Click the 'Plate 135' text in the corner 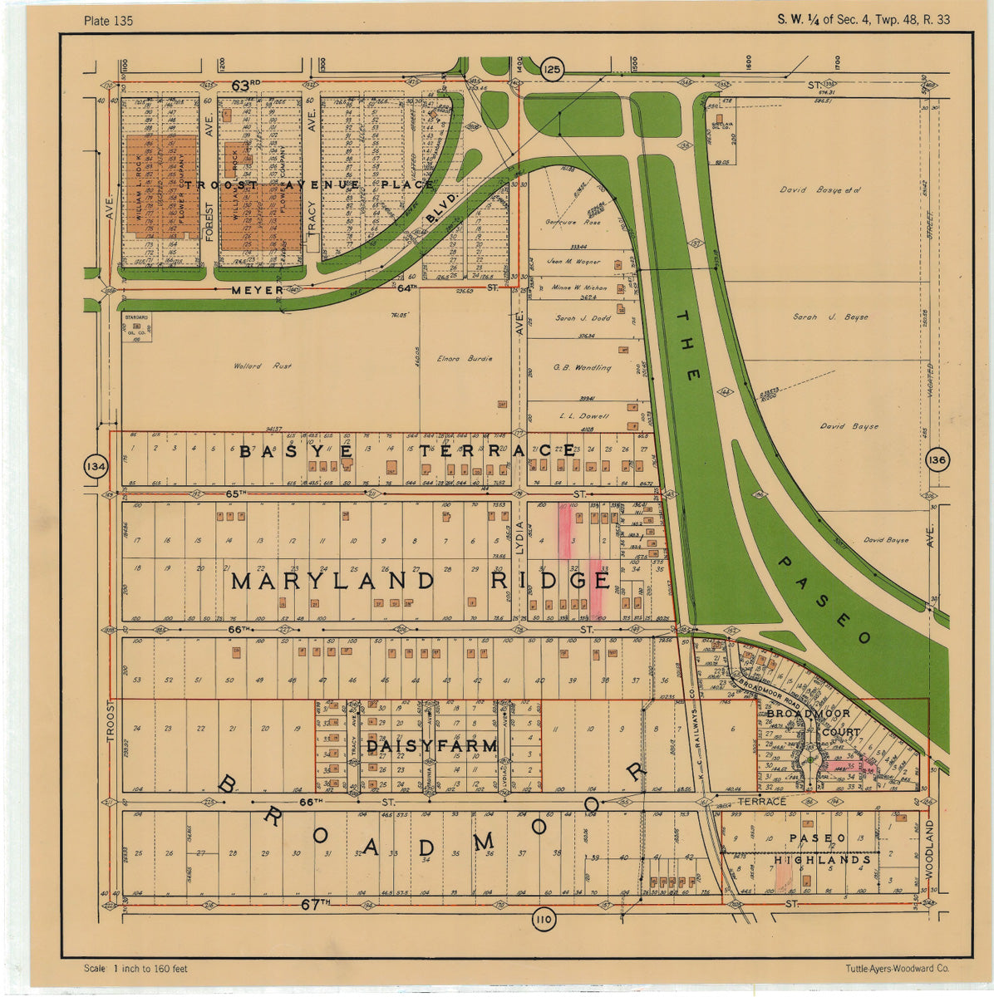108,20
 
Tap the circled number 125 551,70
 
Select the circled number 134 96,467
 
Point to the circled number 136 937,461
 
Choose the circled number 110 543,920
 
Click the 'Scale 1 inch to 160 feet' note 135,969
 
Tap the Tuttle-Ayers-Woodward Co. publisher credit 897,969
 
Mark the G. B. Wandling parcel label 582,367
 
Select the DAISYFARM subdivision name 431,747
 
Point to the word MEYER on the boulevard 257,290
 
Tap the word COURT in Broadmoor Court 840,733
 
